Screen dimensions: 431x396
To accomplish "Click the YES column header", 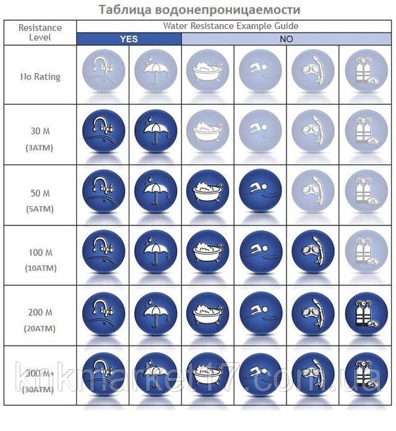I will [129, 38].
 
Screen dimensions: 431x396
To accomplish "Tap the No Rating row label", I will [40, 77].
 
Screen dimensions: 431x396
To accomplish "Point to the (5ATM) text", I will [40, 209].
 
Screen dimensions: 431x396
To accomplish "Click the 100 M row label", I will [40, 253].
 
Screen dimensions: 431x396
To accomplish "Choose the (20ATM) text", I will [40, 329].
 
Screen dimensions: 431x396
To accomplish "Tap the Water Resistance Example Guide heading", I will [231, 25].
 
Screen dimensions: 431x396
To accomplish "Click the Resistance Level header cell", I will [40, 32].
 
